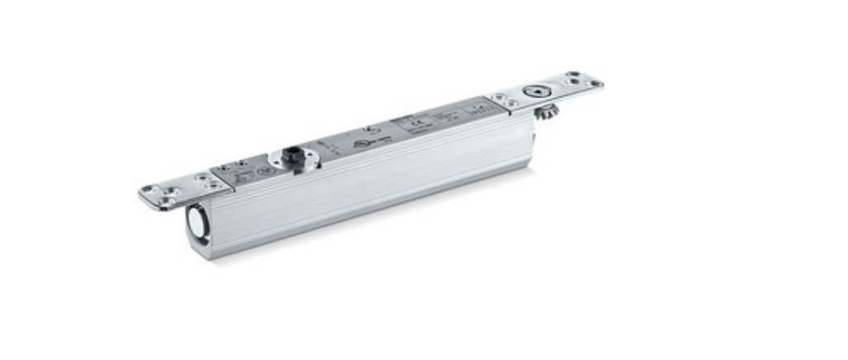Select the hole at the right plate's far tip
click(595, 83)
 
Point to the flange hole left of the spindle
click(272, 159)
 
